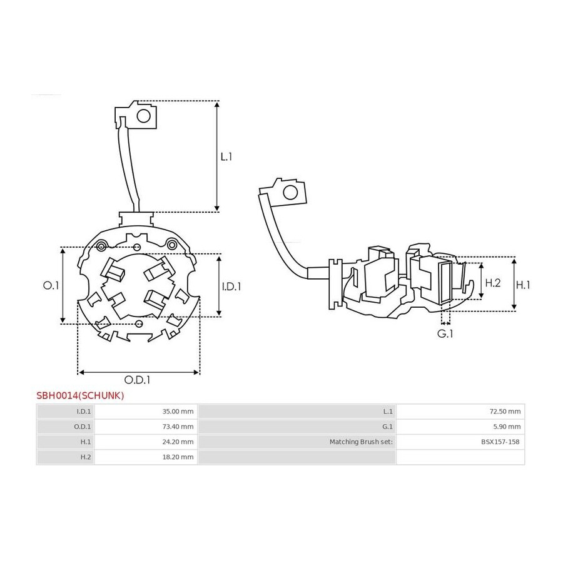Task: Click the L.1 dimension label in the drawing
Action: pyautogui.click(x=226, y=156)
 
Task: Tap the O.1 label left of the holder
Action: pyautogui.click(x=51, y=285)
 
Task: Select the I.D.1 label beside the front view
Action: pyautogui.click(x=231, y=287)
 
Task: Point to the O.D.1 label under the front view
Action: pyautogui.click(x=137, y=380)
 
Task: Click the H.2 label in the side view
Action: pyautogui.click(x=493, y=283)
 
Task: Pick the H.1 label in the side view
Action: pyautogui.click(x=523, y=285)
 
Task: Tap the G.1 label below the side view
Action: pyautogui.click(x=445, y=333)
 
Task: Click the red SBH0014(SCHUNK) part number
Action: pyautogui.click(x=80, y=396)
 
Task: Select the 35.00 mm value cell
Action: pyautogui.click(x=178, y=412)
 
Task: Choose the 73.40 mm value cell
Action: pyautogui.click(x=178, y=427)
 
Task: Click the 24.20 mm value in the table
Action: pyautogui.click(x=178, y=442)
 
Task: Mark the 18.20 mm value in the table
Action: pyautogui.click(x=178, y=457)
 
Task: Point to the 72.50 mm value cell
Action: pyautogui.click(x=505, y=412)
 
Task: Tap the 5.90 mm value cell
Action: pyautogui.click(x=507, y=427)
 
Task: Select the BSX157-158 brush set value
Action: pyautogui.click(x=500, y=442)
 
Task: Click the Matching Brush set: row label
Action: pyautogui.click(x=361, y=442)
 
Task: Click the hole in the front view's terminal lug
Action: pyautogui.click(x=144, y=116)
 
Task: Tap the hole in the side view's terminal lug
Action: pyautogui.click(x=290, y=193)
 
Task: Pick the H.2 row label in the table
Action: pyautogui.click(x=86, y=457)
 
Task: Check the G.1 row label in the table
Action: pyautogui.click(x=387, y=427)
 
